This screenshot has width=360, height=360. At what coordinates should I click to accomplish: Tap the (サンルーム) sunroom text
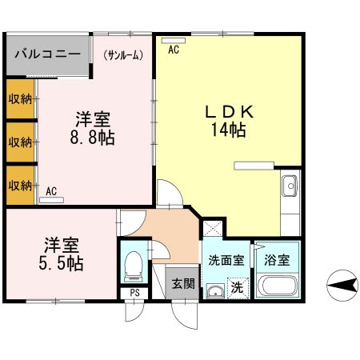click(123, 55)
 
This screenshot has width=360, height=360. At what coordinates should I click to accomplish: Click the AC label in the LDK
click(173, 50)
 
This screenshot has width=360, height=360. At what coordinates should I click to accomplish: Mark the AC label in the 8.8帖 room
click(51, 191)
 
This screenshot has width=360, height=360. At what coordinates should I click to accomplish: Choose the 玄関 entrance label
click(183, 283)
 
